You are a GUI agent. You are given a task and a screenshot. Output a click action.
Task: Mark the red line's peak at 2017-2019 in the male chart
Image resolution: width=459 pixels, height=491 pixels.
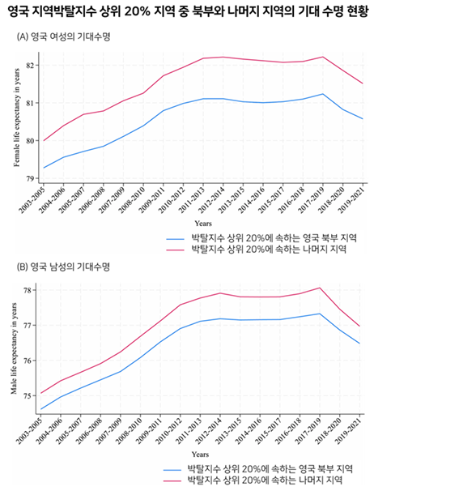tap(321, 288)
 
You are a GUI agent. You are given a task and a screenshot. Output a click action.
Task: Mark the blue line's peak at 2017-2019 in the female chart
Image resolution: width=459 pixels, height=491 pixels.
tap(322, 94)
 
